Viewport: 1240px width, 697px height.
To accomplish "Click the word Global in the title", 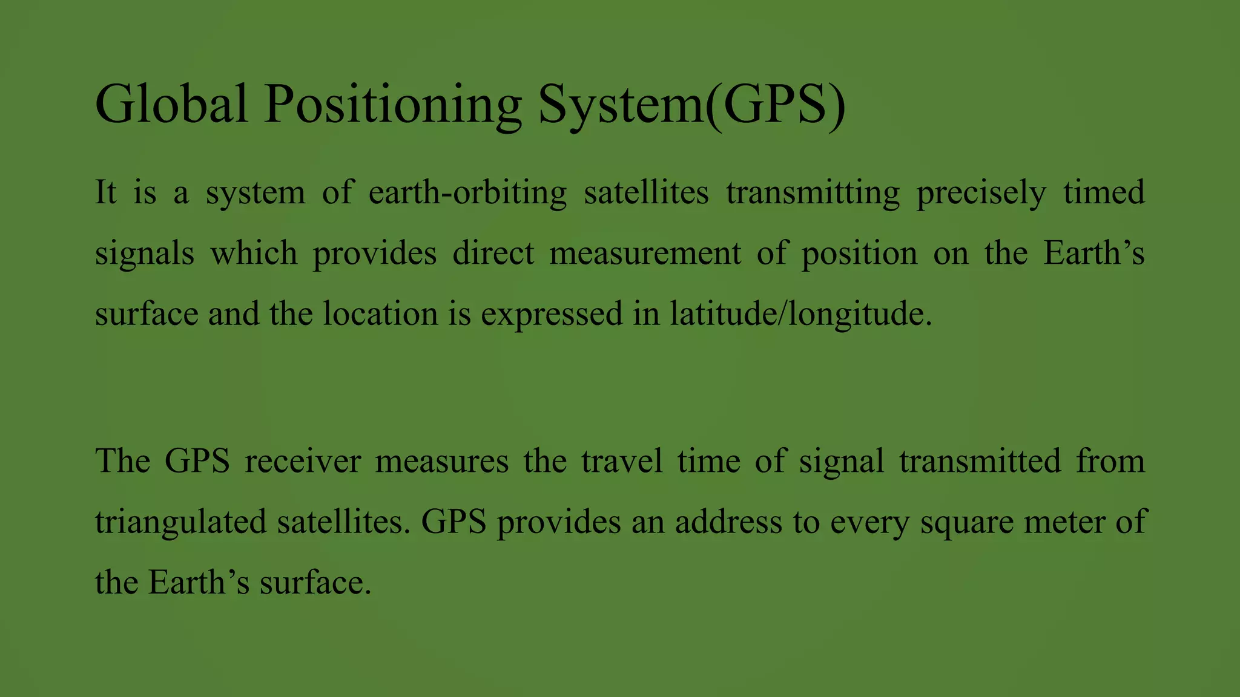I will [171, 104].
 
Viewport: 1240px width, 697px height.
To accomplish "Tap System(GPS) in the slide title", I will [692, 104].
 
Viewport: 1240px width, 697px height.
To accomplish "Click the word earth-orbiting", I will [467, 193].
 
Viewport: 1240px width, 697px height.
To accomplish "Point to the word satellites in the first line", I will [646, 193].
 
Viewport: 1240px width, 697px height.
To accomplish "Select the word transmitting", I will [813, 193].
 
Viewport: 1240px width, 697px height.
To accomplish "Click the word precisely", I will [981, 193].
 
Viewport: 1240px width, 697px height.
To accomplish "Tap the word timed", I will [1104, 193].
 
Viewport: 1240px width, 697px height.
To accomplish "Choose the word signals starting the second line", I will [145, 254].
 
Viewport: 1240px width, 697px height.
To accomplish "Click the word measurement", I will [645, 254].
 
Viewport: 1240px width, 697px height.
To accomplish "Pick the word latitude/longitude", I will [800, 315].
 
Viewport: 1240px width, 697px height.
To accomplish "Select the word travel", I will [622, 461].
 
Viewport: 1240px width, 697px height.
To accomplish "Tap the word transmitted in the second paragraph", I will [980, 461].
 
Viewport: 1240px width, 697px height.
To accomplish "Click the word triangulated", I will [180, 522].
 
